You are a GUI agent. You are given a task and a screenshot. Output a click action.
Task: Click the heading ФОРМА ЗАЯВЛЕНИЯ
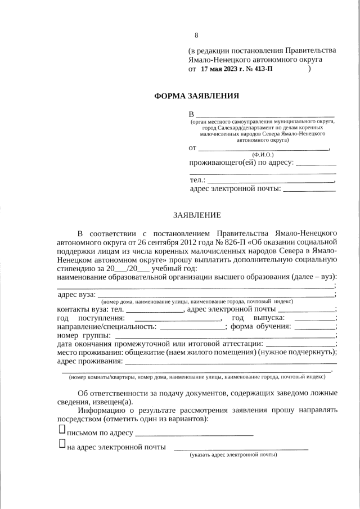click(x=196, y=96)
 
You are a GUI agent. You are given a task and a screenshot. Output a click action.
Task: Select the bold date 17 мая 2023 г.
click(x=224, y=69)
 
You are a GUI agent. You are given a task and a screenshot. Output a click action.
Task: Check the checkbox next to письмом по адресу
click(x=62, y=430)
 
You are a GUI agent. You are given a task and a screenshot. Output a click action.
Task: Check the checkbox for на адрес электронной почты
click(x=62, y=444)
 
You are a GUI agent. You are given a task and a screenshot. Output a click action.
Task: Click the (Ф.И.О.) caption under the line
click(x=263, y=154)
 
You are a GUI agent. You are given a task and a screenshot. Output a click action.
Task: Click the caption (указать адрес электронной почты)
click(x=233, y=454)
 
